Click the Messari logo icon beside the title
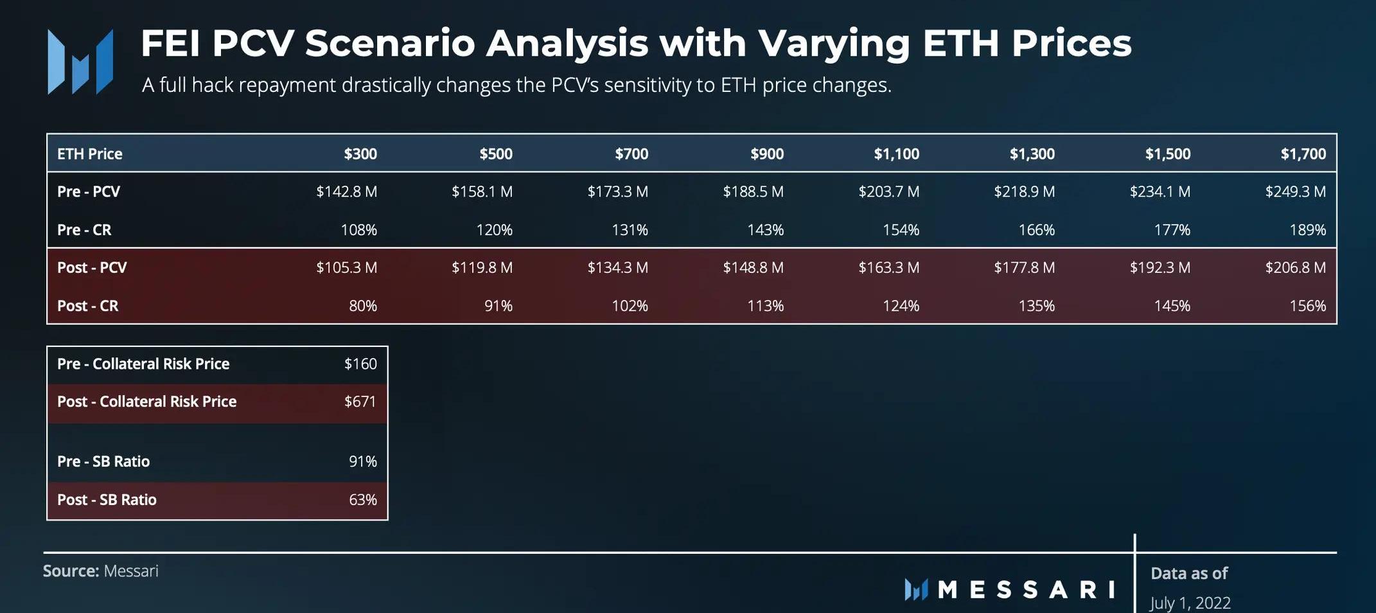pyautogui.click(x=80, y=62)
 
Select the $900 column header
pyautogui.click(x=766, y=154)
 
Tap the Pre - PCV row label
pyautogui.click(x=89, y=191)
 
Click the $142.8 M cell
pyautogui.click(x=346, y=191)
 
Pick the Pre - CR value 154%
pyautogui.click(x=901, y=229)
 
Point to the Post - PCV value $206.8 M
pyautogui.click(x=1295, y=267)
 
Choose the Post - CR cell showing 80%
pyautogui.click(x=362, y=306)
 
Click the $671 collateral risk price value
pyautogui.click(x=360, y=402)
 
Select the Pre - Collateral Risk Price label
pyautogui.click(x=143, y=364)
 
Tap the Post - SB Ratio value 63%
pyautogui.click(x=362, y=499)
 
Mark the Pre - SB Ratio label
pyautogui.click(x=103, y=461)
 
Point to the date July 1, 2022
pyautogui.click(x=1190, y=603)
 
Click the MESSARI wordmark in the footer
pyautogui.click(x=1026, y=589)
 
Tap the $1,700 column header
pyautogui.click(x=1303, y=154)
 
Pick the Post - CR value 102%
pyautogui.click(x=630, y=306)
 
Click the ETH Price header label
pyautogui.click(x=89, y=154)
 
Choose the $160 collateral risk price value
pyautogui.click(x=360, y=364)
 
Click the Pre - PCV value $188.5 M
pyautogui.click(x=753, y=191)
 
